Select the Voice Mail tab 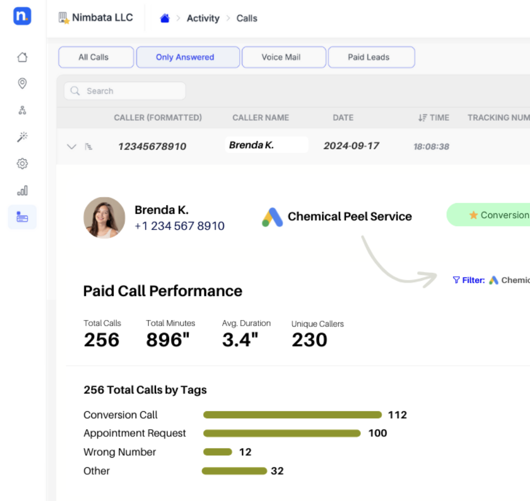click(283, 57)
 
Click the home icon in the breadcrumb click(164, 18)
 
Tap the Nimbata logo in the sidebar click(22, 16)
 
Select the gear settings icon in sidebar click(22, 164)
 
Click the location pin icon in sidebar click(22, 84)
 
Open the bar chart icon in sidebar click(22, 191)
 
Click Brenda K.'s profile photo click(104, 218)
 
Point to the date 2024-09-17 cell click(351, 146)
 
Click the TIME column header click(434, 117)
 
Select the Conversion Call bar click(292, 415)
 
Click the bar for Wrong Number click(218, 452)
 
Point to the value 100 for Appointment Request click(378, 433)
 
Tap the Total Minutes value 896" click(167, 340)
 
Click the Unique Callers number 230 click(309, 340)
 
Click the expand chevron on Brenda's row click(71, 147)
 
